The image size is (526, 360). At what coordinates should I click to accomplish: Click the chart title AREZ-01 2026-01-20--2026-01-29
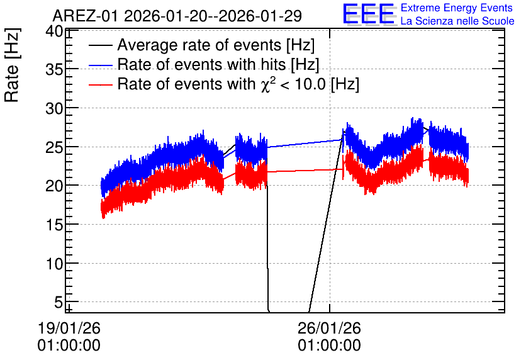pos(177,16)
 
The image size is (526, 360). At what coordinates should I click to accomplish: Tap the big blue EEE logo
pos(369,14)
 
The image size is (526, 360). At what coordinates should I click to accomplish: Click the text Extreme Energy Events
pos(457,8)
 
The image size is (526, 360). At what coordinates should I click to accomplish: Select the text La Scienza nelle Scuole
pos(457,21)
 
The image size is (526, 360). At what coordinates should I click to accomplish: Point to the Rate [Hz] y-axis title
pos(12,65)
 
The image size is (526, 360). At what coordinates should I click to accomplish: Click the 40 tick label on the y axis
pos(54,32)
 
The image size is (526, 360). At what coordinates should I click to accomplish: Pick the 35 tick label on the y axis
pos(54,70)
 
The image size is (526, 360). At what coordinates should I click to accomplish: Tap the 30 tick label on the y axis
pos(54,108)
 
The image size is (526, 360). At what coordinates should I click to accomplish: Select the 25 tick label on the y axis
pos(54,147)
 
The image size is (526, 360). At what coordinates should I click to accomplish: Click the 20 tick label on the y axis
pos(54,186)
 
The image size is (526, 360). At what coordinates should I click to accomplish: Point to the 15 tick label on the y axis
pos(54,225)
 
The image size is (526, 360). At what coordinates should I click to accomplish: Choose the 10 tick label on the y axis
pos(54,264)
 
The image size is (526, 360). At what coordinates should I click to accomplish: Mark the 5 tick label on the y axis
pos(59,302)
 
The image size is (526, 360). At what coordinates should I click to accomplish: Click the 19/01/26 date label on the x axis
pos(69,328)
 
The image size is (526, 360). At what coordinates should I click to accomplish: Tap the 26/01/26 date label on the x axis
pos(329,328)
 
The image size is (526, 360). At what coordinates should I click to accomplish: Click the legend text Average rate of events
pos(199,45)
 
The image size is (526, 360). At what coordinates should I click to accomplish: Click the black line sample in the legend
pos(101,45)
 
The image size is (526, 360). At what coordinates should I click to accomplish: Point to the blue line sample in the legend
pos(101,65)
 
